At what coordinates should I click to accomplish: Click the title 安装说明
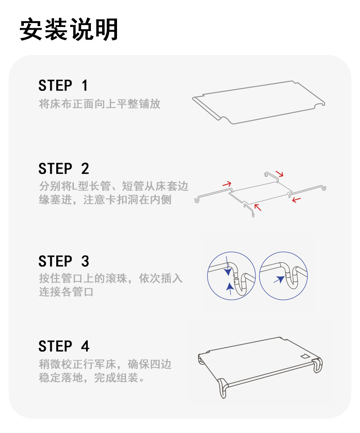click(69, 30)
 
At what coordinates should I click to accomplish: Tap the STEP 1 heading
click(63, 85)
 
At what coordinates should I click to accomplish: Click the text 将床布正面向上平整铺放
click(99, 104)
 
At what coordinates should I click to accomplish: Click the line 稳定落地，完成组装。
click(92, 378)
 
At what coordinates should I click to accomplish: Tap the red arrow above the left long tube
click(227, 183)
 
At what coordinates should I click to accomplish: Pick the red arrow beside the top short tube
click(280, 174)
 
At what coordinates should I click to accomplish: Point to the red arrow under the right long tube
click(296, 200)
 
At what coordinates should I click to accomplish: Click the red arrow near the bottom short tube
click(257, 207)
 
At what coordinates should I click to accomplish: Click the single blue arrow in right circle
click(280, 280)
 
